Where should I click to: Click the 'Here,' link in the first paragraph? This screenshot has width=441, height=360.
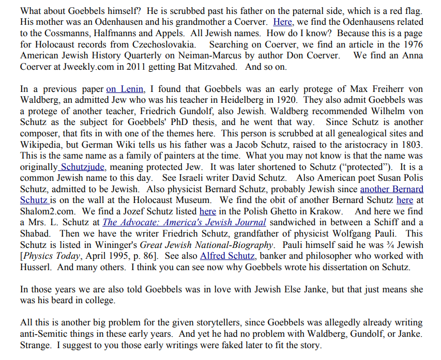[283, 22]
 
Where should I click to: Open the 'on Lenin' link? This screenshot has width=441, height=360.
[125, 89]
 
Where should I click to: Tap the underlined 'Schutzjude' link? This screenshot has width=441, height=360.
[83, 167]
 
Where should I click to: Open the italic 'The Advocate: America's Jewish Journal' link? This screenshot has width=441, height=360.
[185, 223]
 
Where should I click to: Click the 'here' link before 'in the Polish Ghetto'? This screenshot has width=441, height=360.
[207, 211]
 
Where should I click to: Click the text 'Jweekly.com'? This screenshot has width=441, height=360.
[92, 67]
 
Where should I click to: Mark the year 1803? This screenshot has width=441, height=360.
[412, 145]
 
